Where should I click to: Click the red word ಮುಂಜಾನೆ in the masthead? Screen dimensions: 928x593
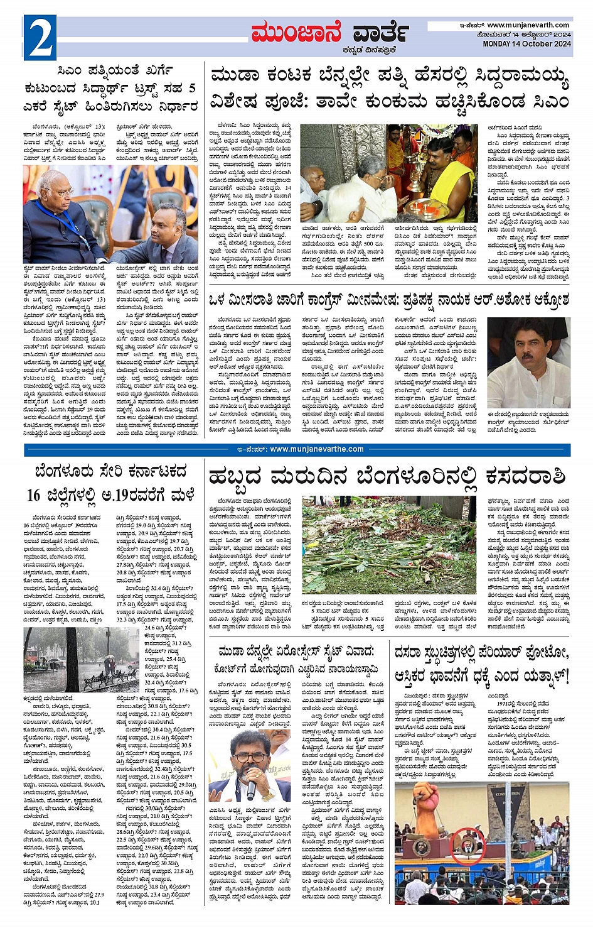[x=296, y=33]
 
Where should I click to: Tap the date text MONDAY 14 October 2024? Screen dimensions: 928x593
[x=526, y=44]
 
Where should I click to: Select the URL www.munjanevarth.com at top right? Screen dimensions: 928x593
[x=528, y=25]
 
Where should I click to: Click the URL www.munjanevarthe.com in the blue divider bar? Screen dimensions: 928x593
[x=307, y=449]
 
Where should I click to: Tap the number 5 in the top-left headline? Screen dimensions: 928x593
[x=191, y=88]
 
